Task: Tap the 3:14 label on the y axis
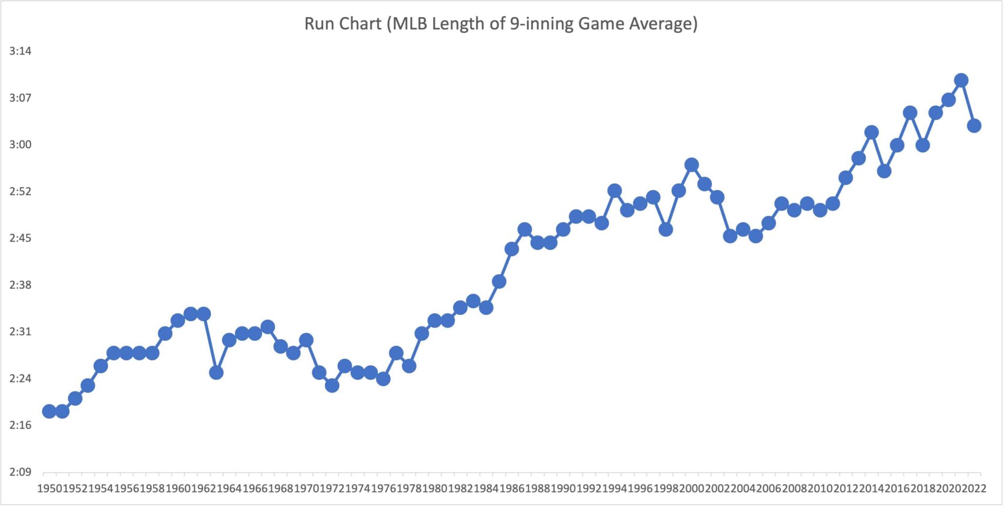pyautogui.click(x=20, y=51)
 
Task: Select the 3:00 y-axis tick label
pyautogui.click(x=20, y=144)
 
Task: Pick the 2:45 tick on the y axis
pyautogui.click(x=20, y=238)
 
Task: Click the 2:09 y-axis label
pyautogui.click(x=20, y=472)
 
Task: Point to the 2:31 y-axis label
pyautogui.click(x=20, y=332)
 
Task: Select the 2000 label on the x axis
pyautogui.click(x=691, y=489)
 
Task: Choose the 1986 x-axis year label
pyautogui.click(x=512, y=489)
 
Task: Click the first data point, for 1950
pyautogui.click(x=49, y=411)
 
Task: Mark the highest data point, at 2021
pyautogui.click(x=961, y=80)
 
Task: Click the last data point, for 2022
pyautogui.click(x=974, y=126)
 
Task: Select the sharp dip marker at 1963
pyautogui.click(x=216, y=373)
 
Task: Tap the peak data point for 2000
pyautogui.click(x=691, y=165)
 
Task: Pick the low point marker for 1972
pyautogui.click(x=332, y=386)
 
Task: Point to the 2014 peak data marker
pyautogui.click(x=872, y=132)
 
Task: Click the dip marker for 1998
pyautogui.click(x=666, y=230)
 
